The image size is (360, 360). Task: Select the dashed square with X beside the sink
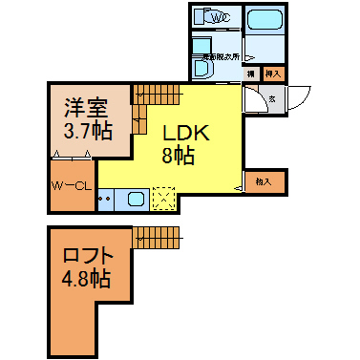tap(163, 199)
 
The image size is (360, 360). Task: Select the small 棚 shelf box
tap(251, 73)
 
